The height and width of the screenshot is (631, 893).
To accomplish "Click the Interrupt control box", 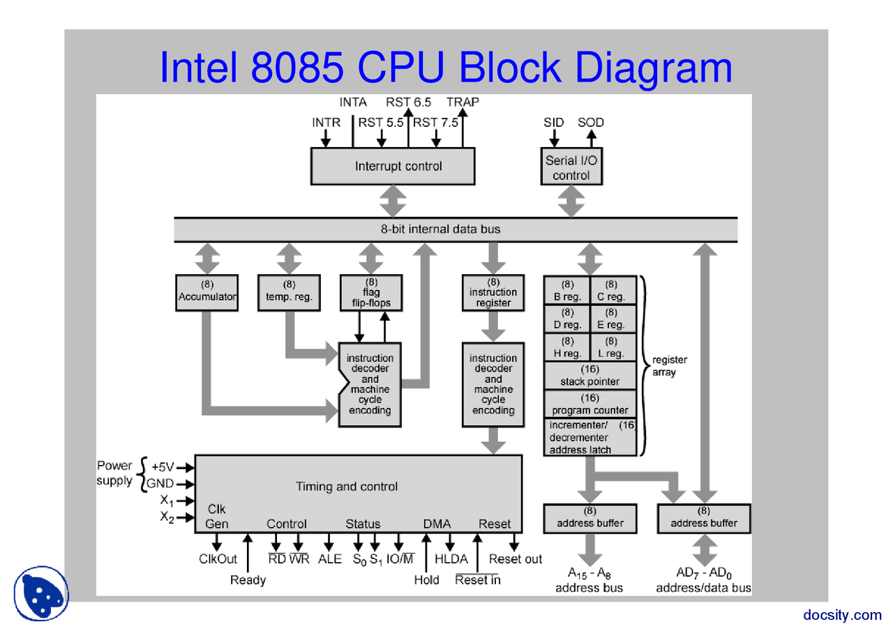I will click(x=392, y=166).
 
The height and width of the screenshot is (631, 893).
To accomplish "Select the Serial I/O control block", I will click(x=571, y=167).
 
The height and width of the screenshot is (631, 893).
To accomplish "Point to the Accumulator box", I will click(x=207, y=291).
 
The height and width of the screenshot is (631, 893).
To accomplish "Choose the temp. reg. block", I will click(x=289, y=291).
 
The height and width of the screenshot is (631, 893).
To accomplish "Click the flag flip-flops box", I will click(x=371, y=292).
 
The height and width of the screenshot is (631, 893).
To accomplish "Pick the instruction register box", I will click(x=493, y=292).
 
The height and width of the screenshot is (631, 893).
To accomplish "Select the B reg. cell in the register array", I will click(x=567, y=291).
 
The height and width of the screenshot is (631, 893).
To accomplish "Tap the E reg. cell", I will click(x=612, y=319).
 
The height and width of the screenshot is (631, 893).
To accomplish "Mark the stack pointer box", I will click(x=590, y=375).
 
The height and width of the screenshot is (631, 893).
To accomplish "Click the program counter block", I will click(x=590, y=404).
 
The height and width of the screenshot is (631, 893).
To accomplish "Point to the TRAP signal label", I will click(x=463, y=102).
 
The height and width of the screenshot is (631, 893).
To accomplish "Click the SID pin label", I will click(x=554, y=123).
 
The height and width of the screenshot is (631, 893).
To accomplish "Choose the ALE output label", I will click(x=330, y=559).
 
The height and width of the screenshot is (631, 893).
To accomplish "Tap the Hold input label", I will click(x=426, y=580).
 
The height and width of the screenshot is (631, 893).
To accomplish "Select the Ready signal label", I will click(x=248, y=580).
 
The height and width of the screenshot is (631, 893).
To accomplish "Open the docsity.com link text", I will click(x=842, y=614).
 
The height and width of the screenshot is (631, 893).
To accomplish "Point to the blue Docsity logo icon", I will click(x=41, y=593).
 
